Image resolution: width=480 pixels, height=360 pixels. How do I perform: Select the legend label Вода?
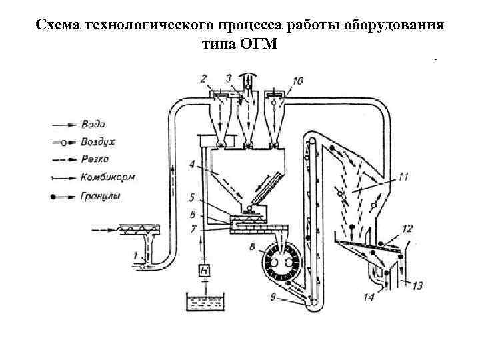coord(91,123)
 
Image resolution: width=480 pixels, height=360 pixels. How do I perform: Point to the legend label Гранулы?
coord(98,197)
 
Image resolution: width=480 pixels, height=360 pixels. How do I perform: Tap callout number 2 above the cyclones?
coord(204,79)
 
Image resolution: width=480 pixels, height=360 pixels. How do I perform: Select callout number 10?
coord(297,81)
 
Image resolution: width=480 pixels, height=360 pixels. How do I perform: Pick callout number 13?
coord(417,286)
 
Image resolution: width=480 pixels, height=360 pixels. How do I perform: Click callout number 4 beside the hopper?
coord(191,163)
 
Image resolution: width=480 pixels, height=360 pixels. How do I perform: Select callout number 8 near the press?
coord(251,247)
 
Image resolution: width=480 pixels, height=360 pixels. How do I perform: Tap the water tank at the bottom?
coord(205,304)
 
